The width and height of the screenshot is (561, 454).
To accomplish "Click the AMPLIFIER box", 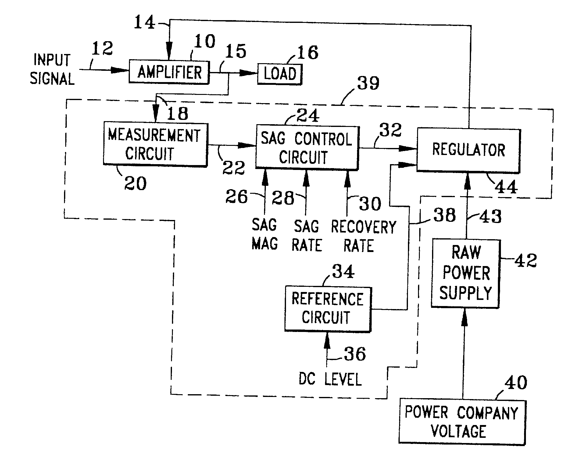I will (169, 72).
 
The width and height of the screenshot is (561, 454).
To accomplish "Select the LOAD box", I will (280, 74).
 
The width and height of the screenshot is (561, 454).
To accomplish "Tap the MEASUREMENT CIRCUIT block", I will (155, 144).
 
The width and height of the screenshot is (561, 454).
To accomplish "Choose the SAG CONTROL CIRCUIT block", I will (307, 147).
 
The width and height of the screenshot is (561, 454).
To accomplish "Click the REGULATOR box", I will (468, 150).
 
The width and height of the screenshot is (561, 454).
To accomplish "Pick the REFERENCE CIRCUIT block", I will (328, 308).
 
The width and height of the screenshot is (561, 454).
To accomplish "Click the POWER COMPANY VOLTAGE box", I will (462, 421).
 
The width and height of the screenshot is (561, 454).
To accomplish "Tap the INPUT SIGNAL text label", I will (52, 69).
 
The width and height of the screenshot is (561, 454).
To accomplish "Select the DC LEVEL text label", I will (330, 379).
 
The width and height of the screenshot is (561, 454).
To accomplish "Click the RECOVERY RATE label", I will (363, 236).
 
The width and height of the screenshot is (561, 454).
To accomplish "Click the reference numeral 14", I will (145, 23).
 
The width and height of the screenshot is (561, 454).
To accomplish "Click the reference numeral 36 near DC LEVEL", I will (355, 354).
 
